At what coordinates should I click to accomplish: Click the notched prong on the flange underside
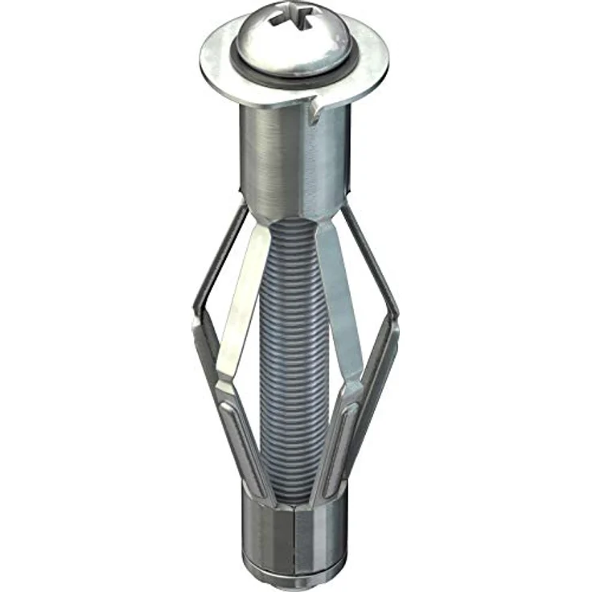tap(315, 108)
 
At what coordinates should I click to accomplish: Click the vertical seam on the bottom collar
tap(295, 535)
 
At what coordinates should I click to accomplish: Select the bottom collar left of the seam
tap(265, 535)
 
